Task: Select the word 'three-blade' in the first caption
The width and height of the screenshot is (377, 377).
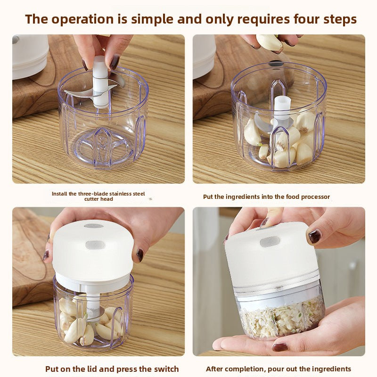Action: [90, 194]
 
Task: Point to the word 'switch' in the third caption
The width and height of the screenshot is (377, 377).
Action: [166, 369]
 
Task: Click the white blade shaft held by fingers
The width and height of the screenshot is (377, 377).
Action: [100, 82]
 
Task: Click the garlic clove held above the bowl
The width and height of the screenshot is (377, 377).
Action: [269, 42]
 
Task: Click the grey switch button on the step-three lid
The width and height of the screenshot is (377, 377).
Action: [95, 245]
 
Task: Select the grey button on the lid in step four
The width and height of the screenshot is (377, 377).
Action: [270, 242]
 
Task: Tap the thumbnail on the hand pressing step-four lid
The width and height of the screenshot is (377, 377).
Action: [314, 237]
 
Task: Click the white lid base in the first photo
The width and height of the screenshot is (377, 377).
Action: [30, 57]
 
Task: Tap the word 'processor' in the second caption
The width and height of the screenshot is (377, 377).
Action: [315, 197]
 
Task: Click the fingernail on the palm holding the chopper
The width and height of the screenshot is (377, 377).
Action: [280, 347]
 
